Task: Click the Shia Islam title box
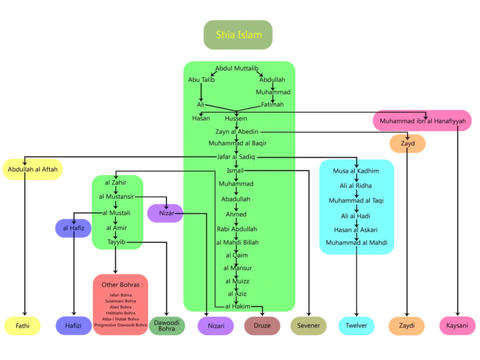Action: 238,35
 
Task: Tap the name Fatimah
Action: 272,104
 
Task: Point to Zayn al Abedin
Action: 237,132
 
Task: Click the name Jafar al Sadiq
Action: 236,157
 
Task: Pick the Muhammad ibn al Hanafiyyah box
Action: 422,121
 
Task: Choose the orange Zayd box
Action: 407,144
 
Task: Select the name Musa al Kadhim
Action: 356,171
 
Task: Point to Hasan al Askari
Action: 356,229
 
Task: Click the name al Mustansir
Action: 117,196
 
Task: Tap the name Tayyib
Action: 116,242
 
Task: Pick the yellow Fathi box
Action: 22,326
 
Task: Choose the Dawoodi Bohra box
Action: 166,326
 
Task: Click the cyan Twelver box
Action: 356,326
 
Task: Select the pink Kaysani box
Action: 457,326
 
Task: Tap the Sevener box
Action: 308,326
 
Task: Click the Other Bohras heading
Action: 120,284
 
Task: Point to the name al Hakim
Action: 237,306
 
